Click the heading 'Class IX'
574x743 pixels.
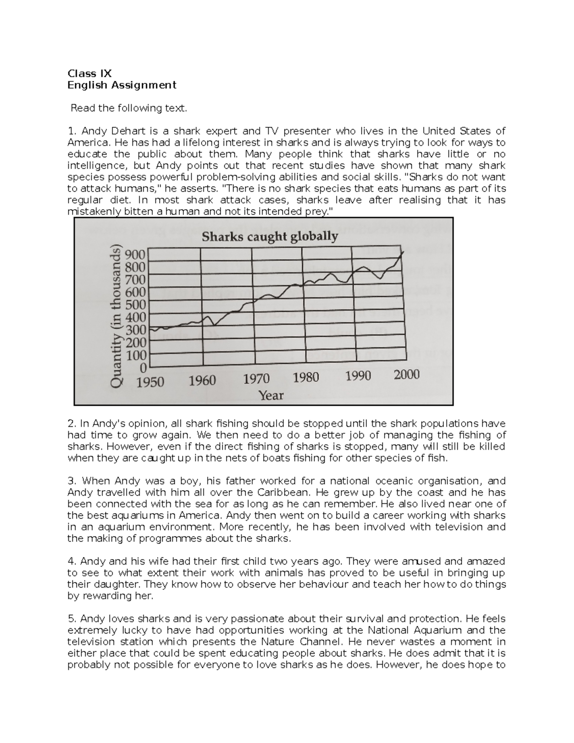coord(89,74)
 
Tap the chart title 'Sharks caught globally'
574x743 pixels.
coord(270,236)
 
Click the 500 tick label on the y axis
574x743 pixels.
coord(135,305)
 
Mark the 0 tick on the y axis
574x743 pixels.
coord(143,368)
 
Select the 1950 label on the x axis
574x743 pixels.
coord(150,382)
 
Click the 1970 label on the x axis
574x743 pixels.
coord(256,379)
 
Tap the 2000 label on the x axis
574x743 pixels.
coord(406,374)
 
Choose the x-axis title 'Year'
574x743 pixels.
coord(271,395)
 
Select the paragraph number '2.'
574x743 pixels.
coord(72,424)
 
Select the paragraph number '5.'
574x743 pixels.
coord(72,619)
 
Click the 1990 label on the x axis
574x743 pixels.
coord(358,376)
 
